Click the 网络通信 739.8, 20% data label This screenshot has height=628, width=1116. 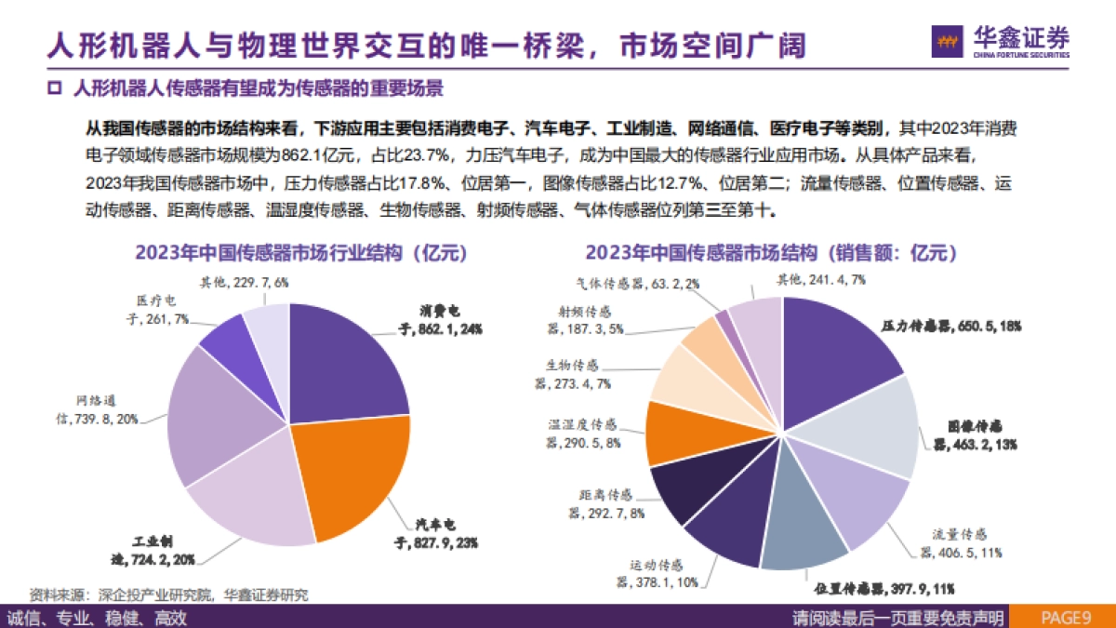[92, 411]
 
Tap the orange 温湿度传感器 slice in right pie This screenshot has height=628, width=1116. [680, 432]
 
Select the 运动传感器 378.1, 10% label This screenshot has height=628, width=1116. [655, 573]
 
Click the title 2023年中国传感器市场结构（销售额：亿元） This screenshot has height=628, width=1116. [771, 253]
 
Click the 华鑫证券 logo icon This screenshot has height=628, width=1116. [949, 42]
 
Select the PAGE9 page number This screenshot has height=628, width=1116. [1065, 617]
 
